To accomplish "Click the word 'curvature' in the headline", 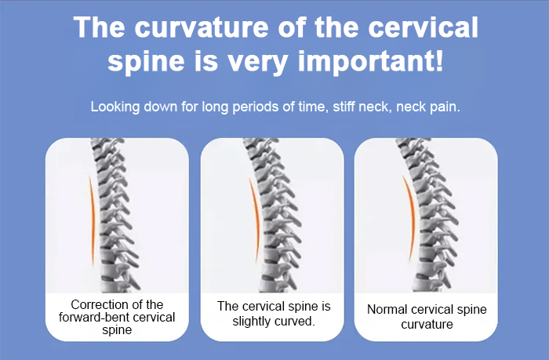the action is click(x=202, y=27).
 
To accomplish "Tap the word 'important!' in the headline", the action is click(x=370, y=61).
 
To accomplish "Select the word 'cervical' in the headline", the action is click(x=423, y=27).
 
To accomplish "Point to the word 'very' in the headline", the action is click(x=258, y=63).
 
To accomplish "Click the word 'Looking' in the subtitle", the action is click(x=115, y=107).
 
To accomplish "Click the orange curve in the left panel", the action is click(x=93, y=220).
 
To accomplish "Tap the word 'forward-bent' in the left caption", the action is click(x=91, y=318).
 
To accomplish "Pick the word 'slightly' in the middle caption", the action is click(x=250, y=321).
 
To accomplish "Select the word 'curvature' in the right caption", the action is click(x=427, y=324).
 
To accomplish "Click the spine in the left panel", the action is click(x=115, y=216).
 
